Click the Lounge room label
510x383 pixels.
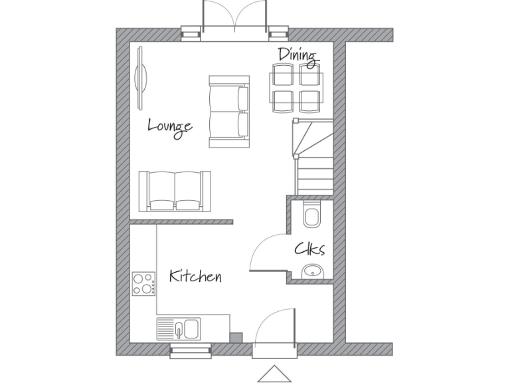[x=170, y=126]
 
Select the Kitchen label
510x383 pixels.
[x=195, y=276]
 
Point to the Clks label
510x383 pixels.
[x=309, y=249]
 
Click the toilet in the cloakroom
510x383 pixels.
[x=311, y=214]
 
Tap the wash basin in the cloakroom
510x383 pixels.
[x=312, y=271]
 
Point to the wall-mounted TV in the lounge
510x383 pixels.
[x=141, y=77]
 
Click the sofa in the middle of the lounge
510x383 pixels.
[x=229, y=111]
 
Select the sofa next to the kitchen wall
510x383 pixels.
[x=175, y=190]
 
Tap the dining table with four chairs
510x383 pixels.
[x=296, y=88]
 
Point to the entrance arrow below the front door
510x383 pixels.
[x=274, y=374]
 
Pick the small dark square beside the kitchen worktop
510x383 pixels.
[x=236, y=337]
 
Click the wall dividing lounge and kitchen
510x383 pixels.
[x=181, y=221]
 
